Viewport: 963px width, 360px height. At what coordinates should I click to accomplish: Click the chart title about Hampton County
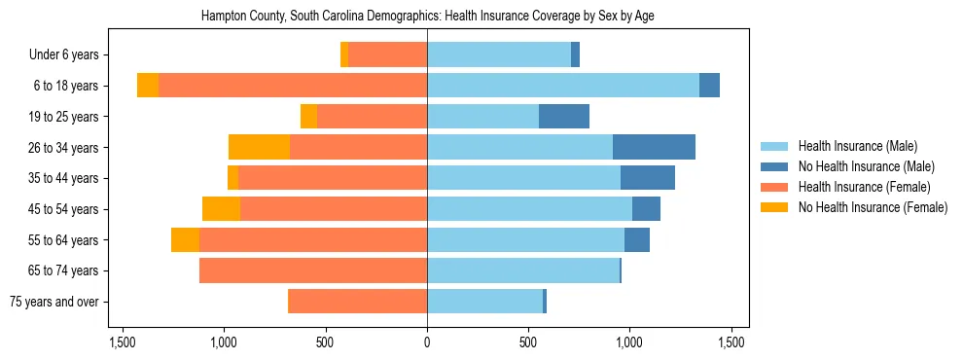[427, 17]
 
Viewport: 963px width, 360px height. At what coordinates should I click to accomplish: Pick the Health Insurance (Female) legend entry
[864, 187]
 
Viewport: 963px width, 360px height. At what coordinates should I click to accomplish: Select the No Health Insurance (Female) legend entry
[872, 207]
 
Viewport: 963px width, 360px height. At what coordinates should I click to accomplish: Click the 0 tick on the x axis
[427, 342]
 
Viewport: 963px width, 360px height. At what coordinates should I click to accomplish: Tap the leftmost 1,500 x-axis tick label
[123, 342]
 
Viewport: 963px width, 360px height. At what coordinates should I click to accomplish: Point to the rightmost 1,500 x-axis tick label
[731, 342]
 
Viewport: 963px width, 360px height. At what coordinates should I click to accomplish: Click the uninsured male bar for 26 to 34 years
[654, 147]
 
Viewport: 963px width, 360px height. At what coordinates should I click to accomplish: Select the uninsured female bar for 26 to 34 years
[259, 147]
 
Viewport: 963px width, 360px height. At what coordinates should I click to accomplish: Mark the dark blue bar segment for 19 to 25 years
[564, 117]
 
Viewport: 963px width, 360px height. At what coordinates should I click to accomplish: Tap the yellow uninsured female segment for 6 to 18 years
[148, 86]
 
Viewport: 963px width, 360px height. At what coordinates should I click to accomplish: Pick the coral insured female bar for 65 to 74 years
[313, 270]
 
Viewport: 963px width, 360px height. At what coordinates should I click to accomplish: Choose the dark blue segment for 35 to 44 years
[648, 178]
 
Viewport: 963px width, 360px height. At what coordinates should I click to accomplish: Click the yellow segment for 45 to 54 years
[221, 209]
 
